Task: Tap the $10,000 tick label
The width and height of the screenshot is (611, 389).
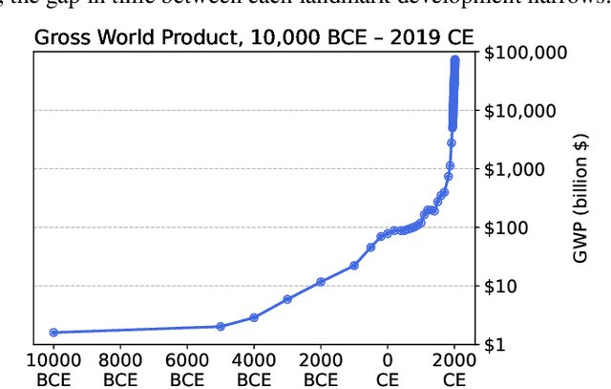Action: [527, 110]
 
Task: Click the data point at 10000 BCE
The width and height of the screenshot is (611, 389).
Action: [53, 333]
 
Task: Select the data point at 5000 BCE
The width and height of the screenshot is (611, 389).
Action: [221, 326]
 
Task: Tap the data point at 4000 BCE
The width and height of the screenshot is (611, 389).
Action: [254, 317]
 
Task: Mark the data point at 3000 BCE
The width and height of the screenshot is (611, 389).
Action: [287, 299]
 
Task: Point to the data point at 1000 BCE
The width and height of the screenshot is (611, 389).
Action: [354, 265]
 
